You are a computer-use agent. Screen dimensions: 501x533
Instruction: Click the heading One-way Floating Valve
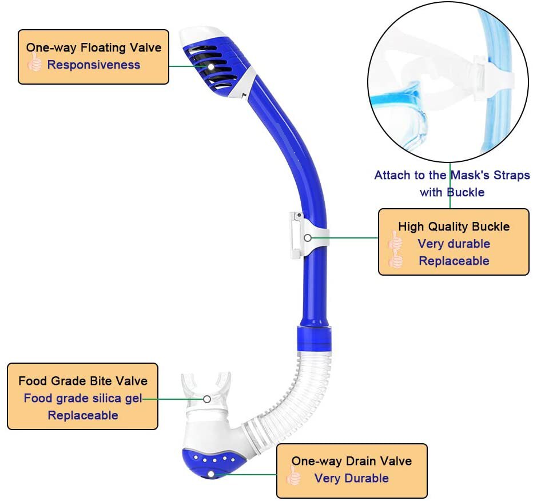click(94, 48)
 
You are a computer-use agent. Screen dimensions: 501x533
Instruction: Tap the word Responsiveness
click(94, 65)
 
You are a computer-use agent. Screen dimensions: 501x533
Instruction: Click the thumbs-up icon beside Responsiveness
click(35, 64)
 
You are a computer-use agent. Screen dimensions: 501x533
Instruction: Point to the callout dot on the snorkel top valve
click(210, 67)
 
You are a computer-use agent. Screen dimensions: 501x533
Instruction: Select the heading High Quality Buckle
click(454, 226)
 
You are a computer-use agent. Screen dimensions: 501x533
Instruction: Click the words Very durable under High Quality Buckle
click(454, 244)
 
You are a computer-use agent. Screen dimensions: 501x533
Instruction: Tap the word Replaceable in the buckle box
click(454, 261)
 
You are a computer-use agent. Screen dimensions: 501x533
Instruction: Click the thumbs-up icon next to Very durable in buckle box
click(395, 242)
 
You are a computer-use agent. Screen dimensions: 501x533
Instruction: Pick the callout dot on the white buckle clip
click(308, 237)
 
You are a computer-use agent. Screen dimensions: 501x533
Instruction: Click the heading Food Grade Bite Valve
click(83, 381)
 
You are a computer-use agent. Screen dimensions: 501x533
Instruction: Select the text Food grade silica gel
click(83, 398)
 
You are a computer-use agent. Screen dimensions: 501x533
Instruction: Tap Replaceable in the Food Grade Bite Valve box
click(83, 415)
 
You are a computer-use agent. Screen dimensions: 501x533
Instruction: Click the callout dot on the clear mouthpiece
click(207, 399)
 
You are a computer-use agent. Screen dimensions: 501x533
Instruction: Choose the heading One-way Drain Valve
click(352, 461)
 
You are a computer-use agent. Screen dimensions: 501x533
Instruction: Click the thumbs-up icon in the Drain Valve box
click(294, 476)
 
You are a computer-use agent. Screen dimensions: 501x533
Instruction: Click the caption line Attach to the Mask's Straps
click(452, 175)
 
